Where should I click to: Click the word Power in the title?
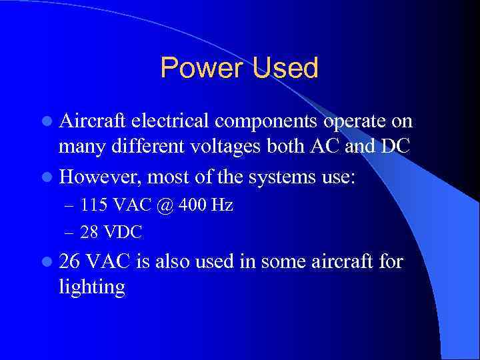(201, 68)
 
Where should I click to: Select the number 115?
(91, 205)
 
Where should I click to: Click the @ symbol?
(165, 205)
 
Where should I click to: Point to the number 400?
(193, 205)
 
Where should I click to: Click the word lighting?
(92, 288)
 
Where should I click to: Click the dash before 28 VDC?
(70, 232)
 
